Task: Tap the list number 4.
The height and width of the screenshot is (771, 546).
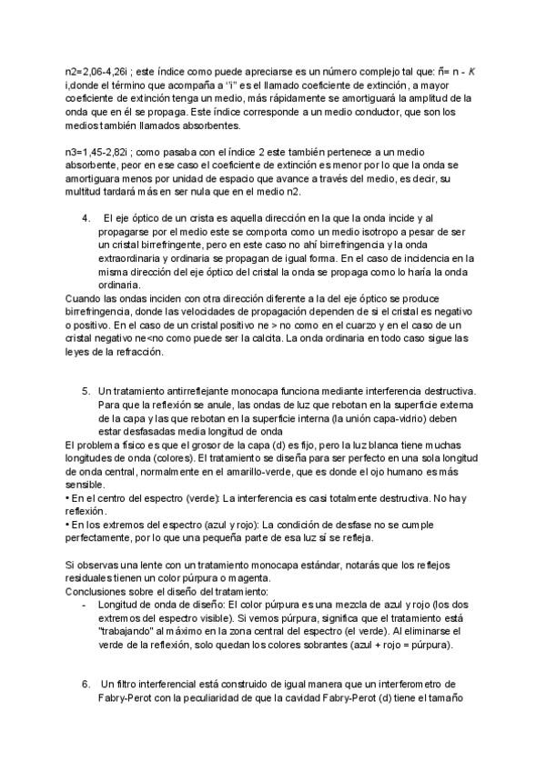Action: click(x=86, y=219)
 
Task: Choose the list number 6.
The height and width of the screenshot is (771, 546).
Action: click(x=86, y=683)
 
